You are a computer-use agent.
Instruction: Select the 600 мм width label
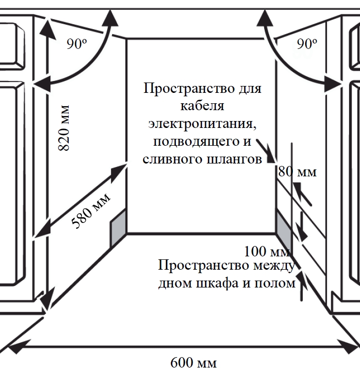[x=194, y=362]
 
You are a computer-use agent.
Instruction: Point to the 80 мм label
[x=297, y=172]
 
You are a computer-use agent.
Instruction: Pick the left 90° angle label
[x=77, y=44]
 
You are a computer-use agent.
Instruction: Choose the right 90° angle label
[x=307, y=44]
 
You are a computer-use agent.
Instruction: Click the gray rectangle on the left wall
[x=118, y=228]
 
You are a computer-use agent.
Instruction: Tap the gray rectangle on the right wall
[x=283, y=229]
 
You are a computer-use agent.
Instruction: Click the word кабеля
[x=202, y=106]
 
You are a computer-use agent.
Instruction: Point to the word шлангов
[x=234, y=159]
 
